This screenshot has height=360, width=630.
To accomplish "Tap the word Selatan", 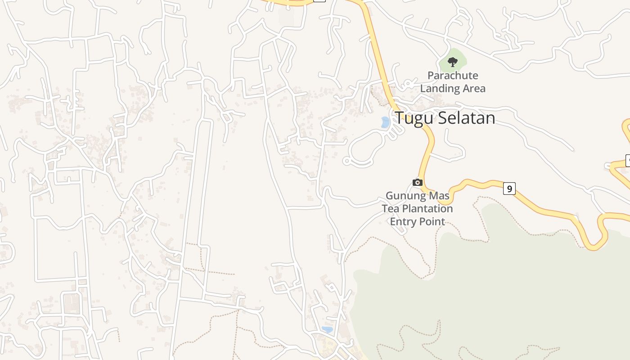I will coord(466,118).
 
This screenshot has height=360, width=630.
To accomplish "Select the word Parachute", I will coord(453,76).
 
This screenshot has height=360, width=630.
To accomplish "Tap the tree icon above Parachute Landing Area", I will coord(453,62).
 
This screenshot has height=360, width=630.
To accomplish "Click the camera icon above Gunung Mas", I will coord(418,182).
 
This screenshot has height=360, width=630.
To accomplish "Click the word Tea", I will coord(391,209).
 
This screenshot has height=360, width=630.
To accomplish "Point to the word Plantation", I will coord(427,209).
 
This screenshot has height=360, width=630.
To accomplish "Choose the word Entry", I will coord(403,221).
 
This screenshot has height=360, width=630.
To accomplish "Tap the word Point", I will coord(432,221).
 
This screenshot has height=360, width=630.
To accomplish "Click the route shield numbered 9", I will coord(509,189).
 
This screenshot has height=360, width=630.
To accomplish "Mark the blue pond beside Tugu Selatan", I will coord(385,122).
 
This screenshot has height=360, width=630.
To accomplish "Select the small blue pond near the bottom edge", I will coord(328,330).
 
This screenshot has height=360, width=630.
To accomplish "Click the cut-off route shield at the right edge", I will coord(628,160).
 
